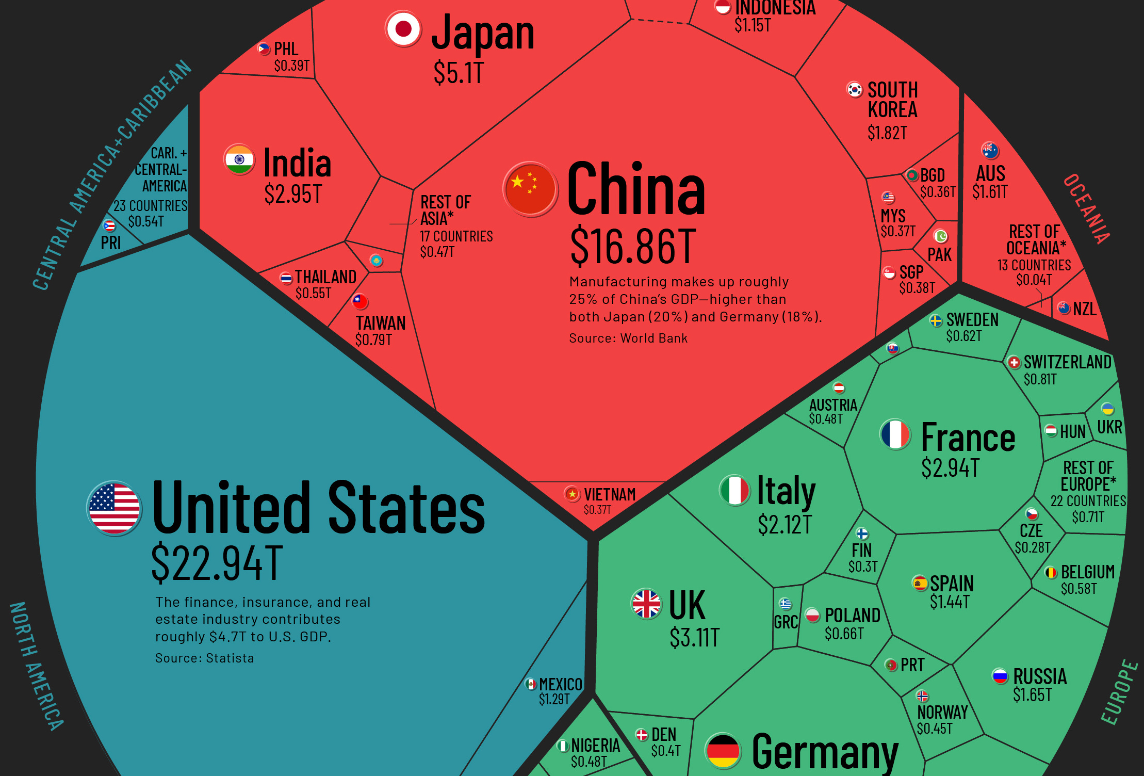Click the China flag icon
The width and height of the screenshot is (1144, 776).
(530, 189)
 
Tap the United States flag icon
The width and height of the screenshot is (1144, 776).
(114, 508)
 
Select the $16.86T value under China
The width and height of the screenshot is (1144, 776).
(633, 247)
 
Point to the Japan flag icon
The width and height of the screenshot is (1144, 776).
(403, 29)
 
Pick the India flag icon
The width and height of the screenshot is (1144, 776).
(239, 159)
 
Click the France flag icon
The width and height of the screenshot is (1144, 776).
(895, 434)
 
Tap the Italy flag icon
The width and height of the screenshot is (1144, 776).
(734, 490)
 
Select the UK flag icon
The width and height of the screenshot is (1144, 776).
(646, 604)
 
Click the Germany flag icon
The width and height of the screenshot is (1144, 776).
(723, 751)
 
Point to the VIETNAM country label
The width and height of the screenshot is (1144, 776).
(610, 494)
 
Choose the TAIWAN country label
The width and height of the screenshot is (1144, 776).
(381, 323)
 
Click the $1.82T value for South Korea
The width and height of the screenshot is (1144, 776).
(887, 133)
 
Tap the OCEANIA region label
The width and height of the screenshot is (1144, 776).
(1086, 209)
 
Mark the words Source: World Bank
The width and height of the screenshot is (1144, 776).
(628, 338)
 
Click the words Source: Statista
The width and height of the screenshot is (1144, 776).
(205, 658)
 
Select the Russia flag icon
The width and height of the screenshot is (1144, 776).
(1000, 675)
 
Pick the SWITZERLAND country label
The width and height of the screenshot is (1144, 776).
(1067, 362)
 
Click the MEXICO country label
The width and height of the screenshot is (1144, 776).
(561, 684)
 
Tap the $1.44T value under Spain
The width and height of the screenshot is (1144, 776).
(950, 602)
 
